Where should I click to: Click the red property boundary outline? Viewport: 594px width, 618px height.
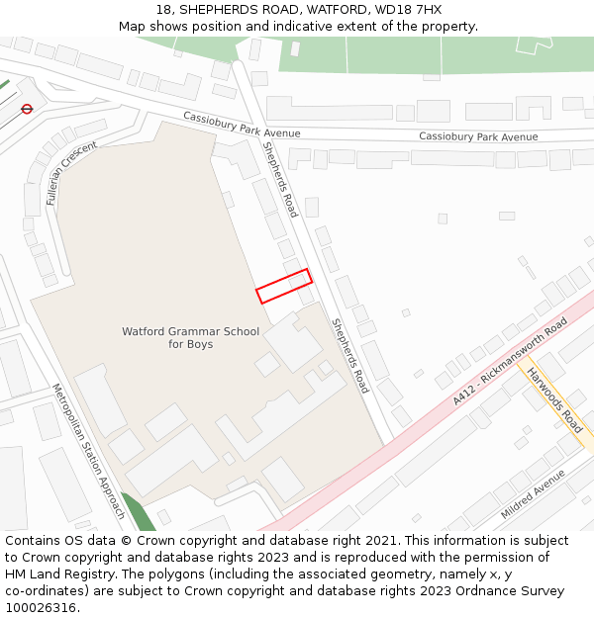(x=284, y=286)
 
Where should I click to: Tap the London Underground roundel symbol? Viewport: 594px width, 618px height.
(x=27, y=109)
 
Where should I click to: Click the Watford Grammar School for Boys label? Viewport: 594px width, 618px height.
(x=190, y=338)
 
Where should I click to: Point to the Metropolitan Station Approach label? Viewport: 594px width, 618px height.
(x=88, y=451)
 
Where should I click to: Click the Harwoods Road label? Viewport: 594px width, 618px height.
(x=554, y=400)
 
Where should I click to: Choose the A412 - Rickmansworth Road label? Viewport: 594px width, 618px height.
(x=510, y=361)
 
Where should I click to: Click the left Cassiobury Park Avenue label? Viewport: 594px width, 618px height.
(x=242, y=125)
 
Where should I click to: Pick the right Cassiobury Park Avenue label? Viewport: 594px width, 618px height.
(x=478, y=136)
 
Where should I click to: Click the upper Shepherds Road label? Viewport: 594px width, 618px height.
(x=279, y=178)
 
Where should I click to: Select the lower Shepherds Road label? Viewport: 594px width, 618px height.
(x=349, y=355)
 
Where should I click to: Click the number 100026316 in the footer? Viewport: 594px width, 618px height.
(x=40, y=608)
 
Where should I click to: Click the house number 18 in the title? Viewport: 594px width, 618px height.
(x=163, y=10)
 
